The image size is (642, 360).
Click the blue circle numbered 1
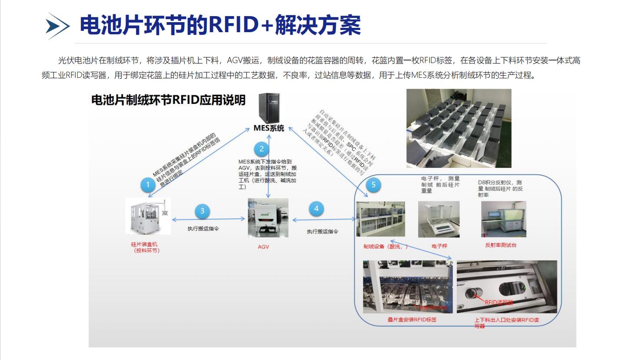pos(148,185)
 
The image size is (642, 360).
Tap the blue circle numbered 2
pos(261,149)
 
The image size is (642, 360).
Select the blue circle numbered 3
pos(202,211)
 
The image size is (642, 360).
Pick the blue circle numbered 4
pos(316,209)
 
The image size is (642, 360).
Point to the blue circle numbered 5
pos(373,185)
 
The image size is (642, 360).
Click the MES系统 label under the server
pos(269,128)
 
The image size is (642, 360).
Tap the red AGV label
pos(263,247)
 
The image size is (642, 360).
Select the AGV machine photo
pos(268,218)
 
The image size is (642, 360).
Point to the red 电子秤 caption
pos(439,246)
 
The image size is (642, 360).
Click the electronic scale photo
pos(439,219)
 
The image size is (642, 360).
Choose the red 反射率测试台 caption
pos(501,245)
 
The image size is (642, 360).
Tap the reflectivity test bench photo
pos(504,219)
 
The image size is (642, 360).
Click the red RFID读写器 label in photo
pos(499,302)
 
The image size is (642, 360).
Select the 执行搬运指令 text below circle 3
pos(203,229)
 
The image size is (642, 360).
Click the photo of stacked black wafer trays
pos(459,128)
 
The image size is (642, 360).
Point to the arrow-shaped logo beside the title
pos(57,26)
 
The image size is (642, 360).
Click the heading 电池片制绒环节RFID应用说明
pos(168,100)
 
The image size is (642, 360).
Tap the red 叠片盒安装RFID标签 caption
pos(412,320)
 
